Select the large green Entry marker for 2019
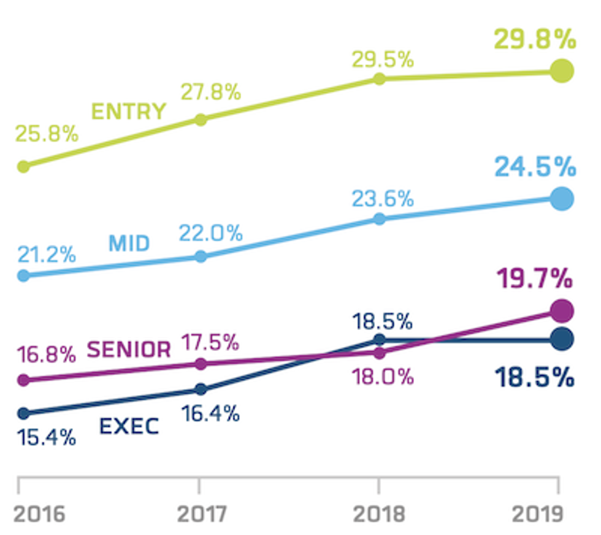(x=561, y=71)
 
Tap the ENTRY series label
(x=129, y=112)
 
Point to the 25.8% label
(x=48, y=134)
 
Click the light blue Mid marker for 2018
(x=379, y=219)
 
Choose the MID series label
(x=129, y=244)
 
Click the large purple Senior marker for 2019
(x=561, y=310)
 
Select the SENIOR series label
(x=129, y=350)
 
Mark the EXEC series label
(x=129, y=426)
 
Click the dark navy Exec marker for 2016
(x=23, y=413)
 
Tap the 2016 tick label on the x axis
(x=39, y=514)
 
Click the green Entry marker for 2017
(x=200, y=119)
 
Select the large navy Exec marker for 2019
(x=561, y=339)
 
